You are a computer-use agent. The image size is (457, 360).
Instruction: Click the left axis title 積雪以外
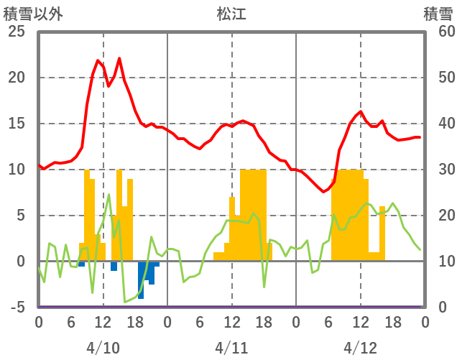pos(33,14)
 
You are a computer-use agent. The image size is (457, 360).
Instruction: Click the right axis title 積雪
pos(438,14)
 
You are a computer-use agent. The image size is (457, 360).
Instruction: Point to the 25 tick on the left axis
pos(16,32)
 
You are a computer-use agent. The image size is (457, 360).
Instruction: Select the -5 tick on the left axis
pos(16,308)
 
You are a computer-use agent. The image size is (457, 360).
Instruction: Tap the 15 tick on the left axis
pos(16,124)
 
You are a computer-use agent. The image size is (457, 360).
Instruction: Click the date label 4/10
pos(103,347)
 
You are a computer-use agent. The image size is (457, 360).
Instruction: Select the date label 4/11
pos(231,347)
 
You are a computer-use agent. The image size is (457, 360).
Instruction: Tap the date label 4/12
pos(360,347)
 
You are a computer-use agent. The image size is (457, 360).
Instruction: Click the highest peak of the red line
pos(119,58)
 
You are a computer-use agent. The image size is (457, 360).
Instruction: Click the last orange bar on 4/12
pos(382,234)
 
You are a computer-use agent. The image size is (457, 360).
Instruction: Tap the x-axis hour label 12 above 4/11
pos(231,323)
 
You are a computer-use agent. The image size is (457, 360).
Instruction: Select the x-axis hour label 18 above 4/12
pos(392,323)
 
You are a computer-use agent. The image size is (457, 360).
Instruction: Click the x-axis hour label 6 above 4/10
pos(70,323)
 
